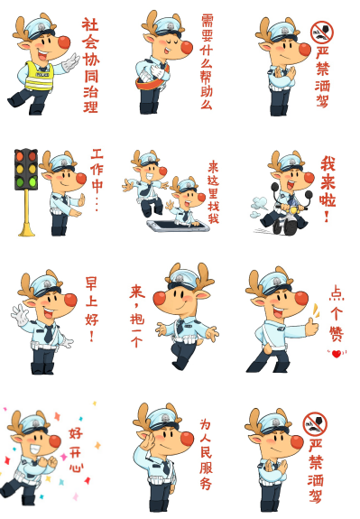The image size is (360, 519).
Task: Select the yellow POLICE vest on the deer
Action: click(x=39, y=73)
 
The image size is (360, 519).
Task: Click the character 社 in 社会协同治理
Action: click(x=89, y=25)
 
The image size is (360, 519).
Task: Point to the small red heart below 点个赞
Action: click(x=337, y=353)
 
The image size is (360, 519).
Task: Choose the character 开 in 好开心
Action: click(x=76, y=449)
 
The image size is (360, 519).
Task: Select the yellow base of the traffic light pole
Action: click(x=26, y=232)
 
